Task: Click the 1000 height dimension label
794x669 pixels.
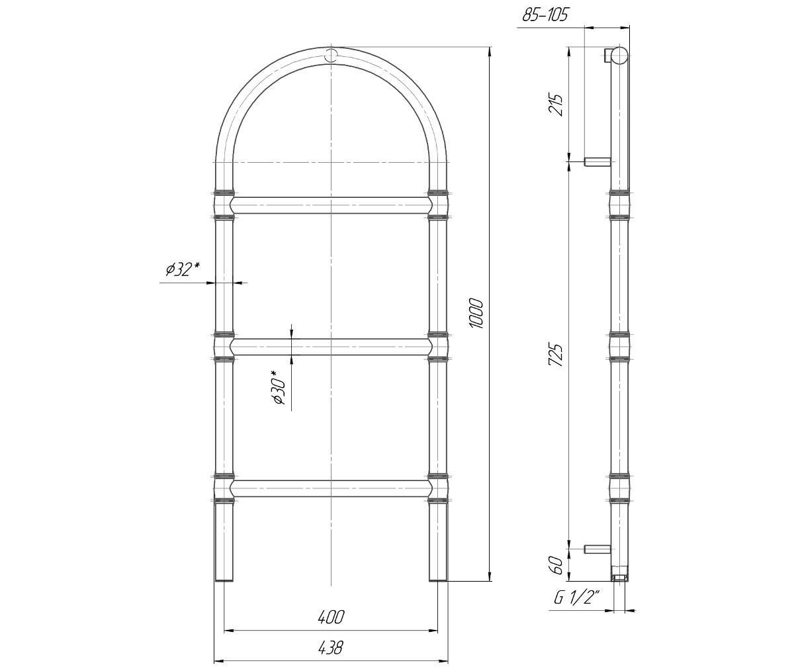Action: [476, 314]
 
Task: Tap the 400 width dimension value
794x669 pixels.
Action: [331, 617]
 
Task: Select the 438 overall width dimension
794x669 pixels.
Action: [330, 648]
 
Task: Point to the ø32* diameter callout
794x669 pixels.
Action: [183, 269]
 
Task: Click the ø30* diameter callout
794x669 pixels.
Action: [279, 387]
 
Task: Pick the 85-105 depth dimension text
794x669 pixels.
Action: [545, 15]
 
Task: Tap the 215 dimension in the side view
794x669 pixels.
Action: [555, 104]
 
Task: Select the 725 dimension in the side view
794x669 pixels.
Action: [555, 355]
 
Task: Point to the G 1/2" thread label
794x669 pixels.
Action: [577, 598]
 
